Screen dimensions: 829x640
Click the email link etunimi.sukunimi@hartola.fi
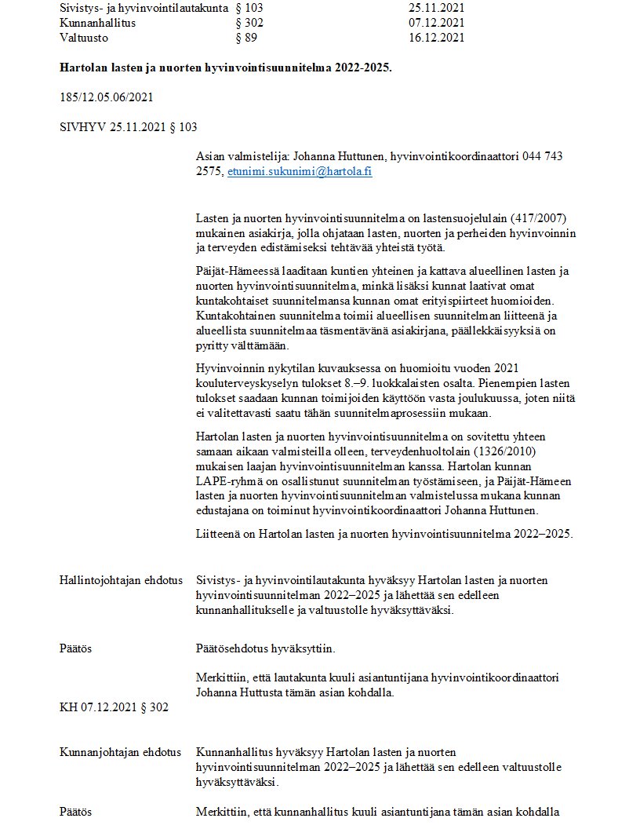[x=300, y=171]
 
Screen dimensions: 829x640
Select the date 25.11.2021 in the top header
[x=436, y=9]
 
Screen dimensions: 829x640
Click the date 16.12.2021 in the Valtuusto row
[x=436, y=37]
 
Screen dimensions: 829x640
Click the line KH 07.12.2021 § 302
[x=114, y=707]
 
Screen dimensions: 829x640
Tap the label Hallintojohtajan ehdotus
[x=121, y=580]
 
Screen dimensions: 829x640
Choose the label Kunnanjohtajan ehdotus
[x=120, y=752]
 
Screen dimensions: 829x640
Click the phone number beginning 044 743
[x=543, y=156]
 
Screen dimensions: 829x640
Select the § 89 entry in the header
[x=246, y=37]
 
